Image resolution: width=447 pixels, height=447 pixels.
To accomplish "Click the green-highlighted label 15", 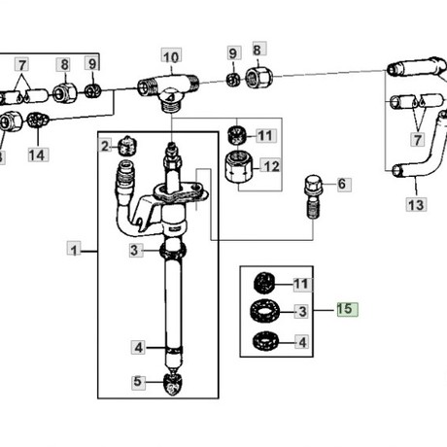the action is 347,309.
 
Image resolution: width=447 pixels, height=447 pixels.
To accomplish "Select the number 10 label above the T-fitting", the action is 171,57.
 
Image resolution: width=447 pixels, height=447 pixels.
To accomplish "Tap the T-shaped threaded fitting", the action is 167,91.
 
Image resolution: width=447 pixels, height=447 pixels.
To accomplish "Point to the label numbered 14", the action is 38,155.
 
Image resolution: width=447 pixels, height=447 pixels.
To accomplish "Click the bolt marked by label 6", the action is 313,197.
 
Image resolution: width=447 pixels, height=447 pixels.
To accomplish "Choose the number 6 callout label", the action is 343,185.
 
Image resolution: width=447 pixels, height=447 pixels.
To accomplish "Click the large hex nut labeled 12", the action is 238,167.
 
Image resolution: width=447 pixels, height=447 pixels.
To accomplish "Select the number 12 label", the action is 271,166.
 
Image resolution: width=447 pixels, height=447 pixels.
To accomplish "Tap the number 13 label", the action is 416,204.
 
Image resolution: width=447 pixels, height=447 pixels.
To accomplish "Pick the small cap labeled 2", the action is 128,146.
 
